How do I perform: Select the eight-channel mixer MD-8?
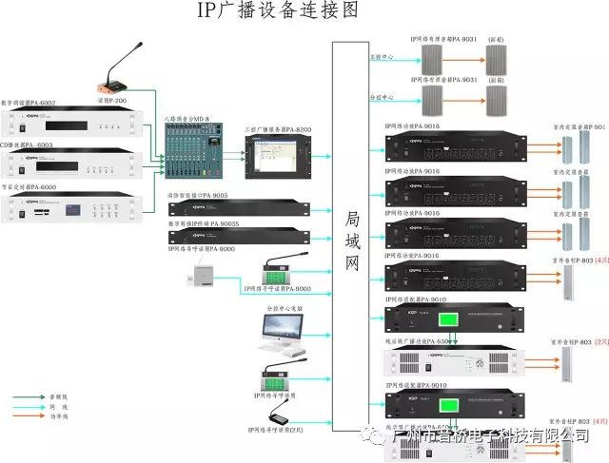pyautogui.click(x=197, y=151)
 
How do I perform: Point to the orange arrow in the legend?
pyautogui.click(x=34, y=415)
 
